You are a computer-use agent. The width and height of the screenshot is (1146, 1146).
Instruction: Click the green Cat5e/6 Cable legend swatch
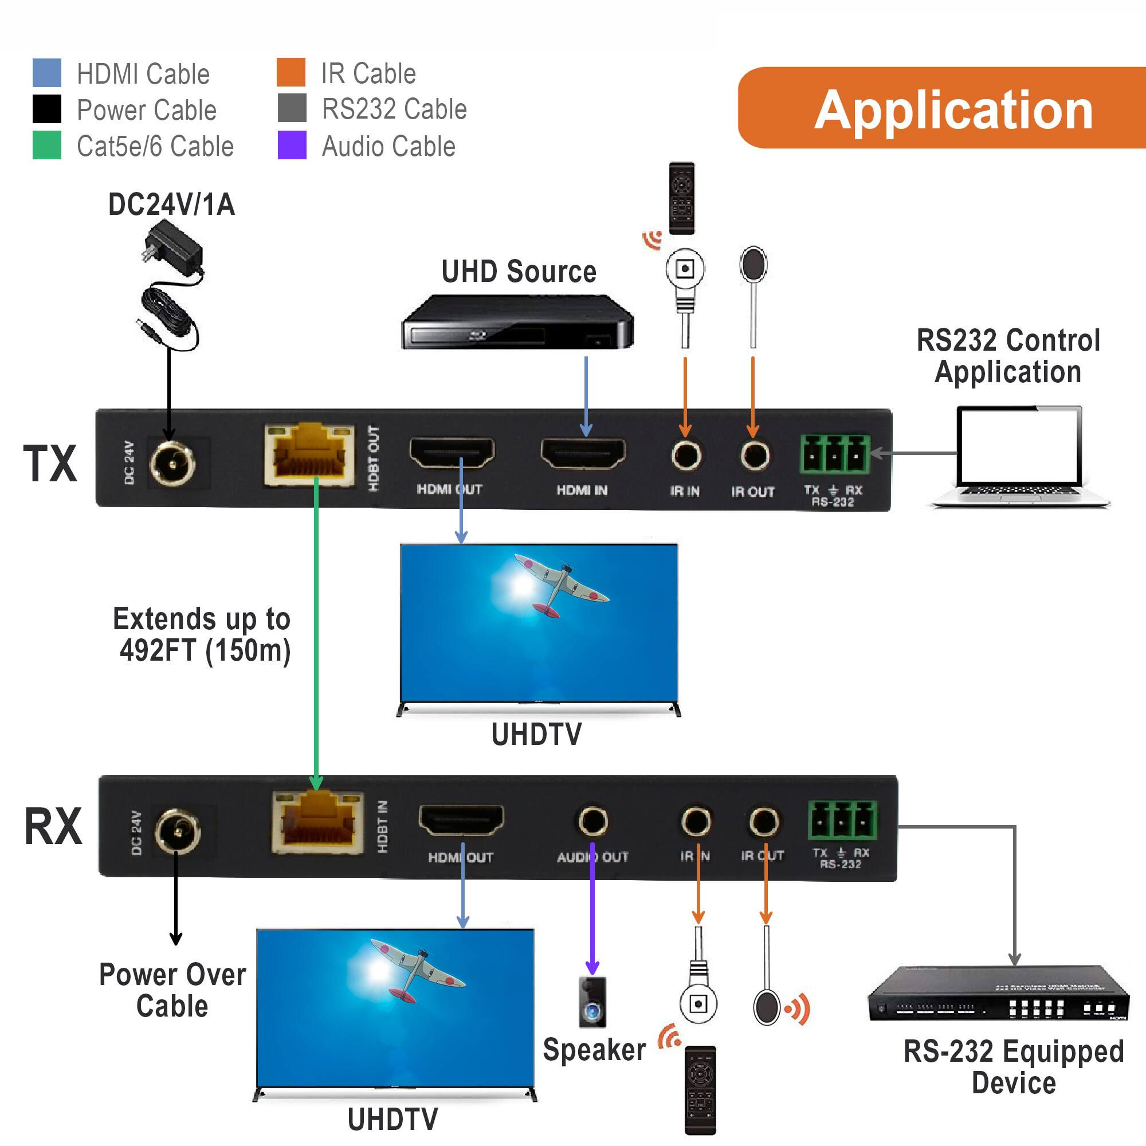pos(46,146)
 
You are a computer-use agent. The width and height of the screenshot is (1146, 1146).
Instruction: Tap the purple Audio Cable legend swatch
pos(292,146)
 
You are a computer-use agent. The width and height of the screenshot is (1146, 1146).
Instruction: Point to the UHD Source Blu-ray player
pos(517,323)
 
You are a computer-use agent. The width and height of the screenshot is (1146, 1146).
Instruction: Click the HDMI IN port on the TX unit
pos(583,454)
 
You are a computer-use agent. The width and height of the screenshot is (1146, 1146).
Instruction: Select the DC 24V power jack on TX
pos(171,463)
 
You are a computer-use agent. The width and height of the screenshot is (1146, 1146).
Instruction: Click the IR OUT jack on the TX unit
pos(755,456)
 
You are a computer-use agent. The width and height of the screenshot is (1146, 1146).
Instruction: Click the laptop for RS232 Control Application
pos(1019,457)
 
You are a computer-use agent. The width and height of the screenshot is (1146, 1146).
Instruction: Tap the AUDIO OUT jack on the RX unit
pos(592,822)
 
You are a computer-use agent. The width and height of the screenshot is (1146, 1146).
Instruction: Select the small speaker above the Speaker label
pos(592,1002)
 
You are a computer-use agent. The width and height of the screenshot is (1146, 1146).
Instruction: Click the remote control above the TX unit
pos(681,198)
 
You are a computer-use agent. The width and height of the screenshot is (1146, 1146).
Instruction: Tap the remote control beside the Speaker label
pos(700,1090)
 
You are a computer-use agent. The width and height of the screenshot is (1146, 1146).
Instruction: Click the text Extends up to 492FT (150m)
pos(202,635)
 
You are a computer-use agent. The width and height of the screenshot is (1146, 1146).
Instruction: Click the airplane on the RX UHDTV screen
pos(417,971)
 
